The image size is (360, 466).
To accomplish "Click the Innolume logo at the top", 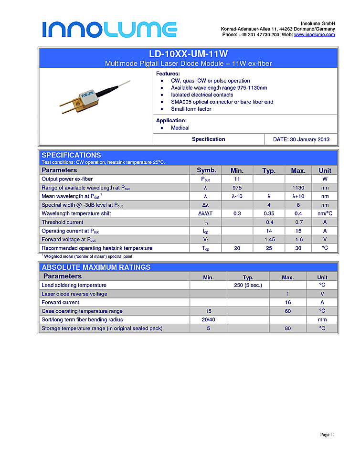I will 109,29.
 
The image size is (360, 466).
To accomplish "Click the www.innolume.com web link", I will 314,35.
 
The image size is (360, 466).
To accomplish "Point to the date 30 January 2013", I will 301,139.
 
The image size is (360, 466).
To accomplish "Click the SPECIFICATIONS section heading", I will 71,155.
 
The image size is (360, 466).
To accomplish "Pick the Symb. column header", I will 206,170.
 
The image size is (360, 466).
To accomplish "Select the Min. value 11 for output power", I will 237,179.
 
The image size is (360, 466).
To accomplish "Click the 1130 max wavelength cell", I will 298,188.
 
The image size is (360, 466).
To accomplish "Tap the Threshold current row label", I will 62,222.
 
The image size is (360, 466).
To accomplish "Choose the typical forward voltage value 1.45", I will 269,239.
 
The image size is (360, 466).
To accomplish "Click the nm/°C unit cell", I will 325,213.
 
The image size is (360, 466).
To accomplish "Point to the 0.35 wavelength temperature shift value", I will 269,213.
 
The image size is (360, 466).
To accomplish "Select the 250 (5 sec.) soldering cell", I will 248,285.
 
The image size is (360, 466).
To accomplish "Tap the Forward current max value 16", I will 287,302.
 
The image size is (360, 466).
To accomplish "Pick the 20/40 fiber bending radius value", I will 208,319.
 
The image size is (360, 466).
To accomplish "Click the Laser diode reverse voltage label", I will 74,294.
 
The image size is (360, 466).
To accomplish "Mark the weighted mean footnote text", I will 88,256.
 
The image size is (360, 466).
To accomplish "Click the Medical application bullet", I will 180,128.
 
